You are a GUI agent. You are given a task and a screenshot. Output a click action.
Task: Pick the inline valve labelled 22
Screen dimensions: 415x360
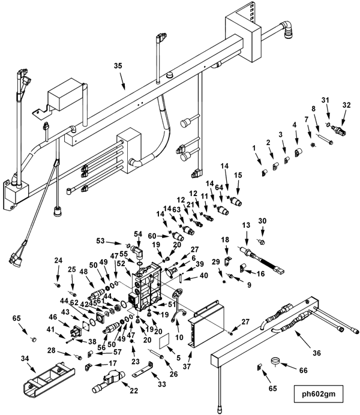(x=108, y=378)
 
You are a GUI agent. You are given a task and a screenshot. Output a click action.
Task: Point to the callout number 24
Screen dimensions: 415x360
(x=58, y=260)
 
